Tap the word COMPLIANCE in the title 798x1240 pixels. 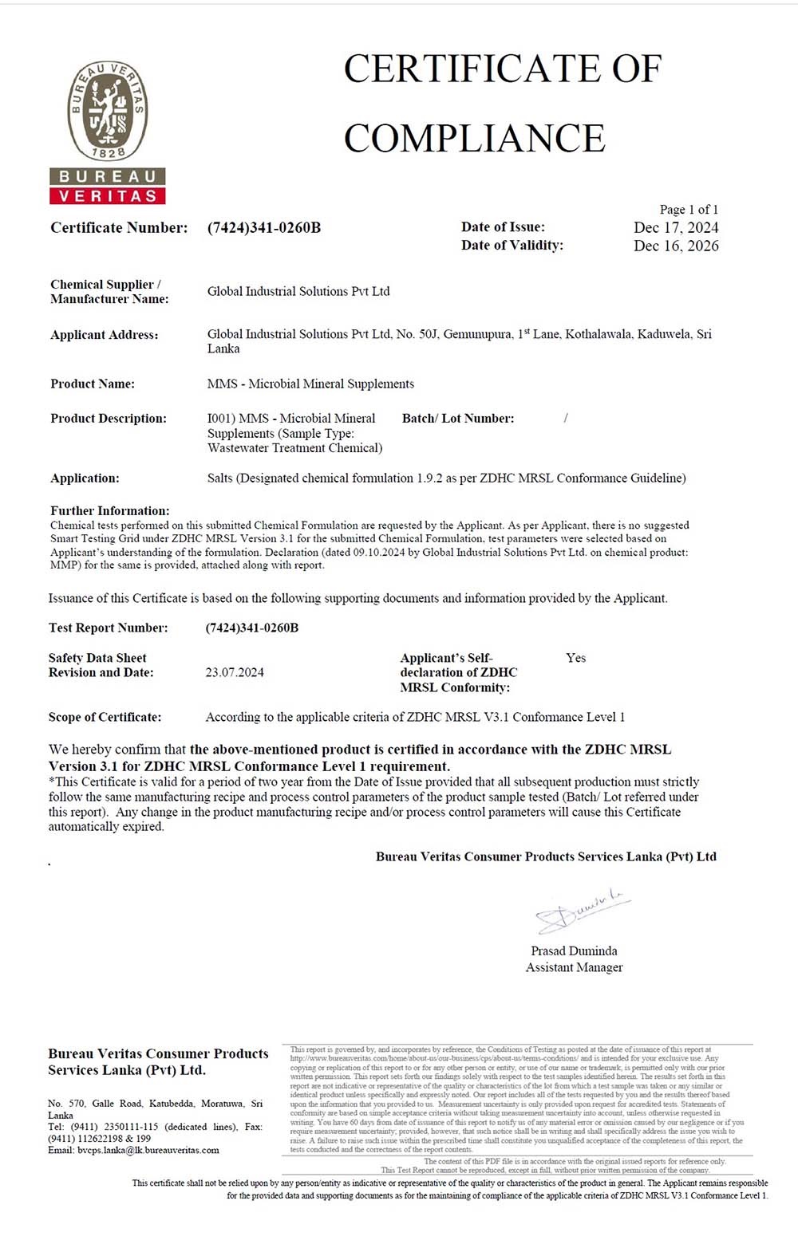click(x=475, y=138)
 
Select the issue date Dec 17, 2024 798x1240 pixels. click(x=676, y=227)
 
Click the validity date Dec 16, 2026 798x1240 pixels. click(x=676, y=246)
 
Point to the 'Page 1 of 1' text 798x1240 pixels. click(x=689, y=210)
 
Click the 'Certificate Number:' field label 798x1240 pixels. click(x=119, y=228)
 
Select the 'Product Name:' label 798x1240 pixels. click(x=93, y=384)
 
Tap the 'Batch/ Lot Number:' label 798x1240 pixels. click(x=458, y=418)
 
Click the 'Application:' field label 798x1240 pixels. click(x=85, y=478)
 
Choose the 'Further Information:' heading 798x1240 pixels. click(x=110, y=510)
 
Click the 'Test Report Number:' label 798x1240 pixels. click(x=109, y=628)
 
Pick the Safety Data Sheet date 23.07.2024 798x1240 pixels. click(x=235, y=672)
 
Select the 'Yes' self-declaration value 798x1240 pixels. click(x=575, y=658)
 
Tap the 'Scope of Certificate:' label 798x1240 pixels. click(x=105, y=717)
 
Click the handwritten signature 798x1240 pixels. click(x=581, y=909)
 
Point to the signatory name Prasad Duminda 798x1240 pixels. click(x=574, y=951)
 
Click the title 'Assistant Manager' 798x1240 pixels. click(x=574, y=967)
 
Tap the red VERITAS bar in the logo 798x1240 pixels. click(x=108, y=195)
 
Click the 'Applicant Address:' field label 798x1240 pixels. click(x=105, y=335)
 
